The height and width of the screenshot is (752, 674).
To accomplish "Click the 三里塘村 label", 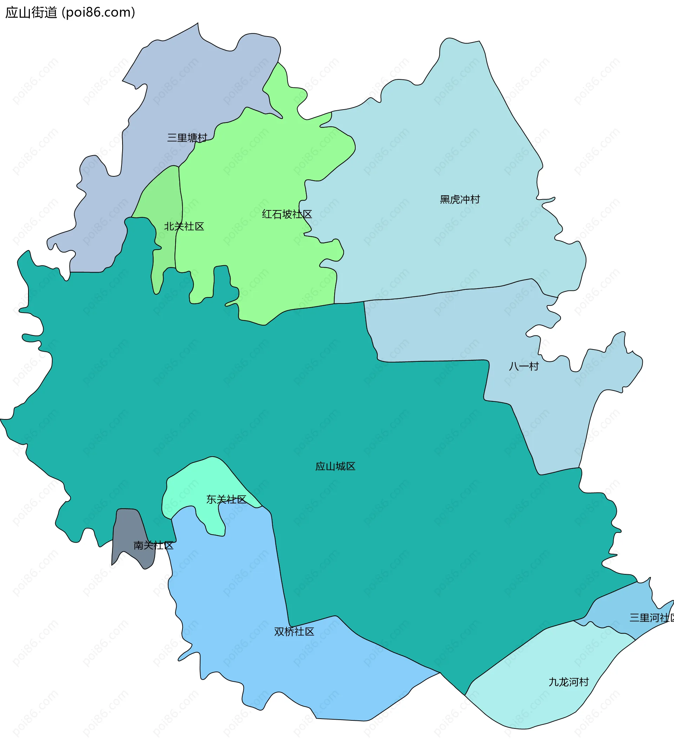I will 187,138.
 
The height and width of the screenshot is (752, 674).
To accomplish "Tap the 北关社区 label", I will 184,226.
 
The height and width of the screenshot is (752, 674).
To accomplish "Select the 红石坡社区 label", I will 287,214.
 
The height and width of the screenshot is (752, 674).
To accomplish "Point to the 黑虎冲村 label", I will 460,199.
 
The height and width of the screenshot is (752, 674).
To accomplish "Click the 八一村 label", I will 524,366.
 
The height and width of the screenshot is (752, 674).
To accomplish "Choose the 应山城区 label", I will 335,466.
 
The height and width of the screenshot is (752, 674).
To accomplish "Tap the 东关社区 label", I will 226,499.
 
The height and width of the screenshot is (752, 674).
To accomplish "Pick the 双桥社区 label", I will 294,632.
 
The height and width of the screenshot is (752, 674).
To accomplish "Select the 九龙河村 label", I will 569,682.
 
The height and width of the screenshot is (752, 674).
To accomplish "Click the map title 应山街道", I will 32,13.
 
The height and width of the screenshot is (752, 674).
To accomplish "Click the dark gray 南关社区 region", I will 128,534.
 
